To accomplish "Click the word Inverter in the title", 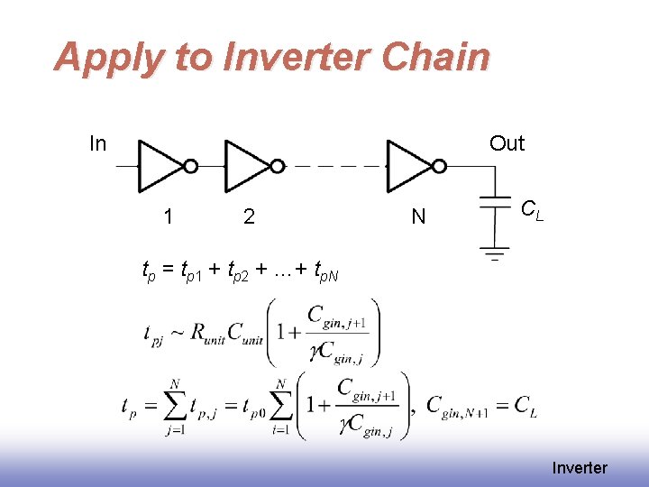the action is click(x=286, y=57).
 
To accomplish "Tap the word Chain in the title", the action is click(x=435, y=57).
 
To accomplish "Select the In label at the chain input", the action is click(x=97, y=143).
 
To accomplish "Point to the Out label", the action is click(x=507, y=143).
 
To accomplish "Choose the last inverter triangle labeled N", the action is click(x=408, y=166).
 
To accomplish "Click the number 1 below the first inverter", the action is click(x=169, y=216).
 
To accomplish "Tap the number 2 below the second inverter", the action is click(x=249, y=216).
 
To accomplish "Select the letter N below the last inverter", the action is click(x=418, y=216).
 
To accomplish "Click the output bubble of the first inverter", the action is click(x=191, y=166).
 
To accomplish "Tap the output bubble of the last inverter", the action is click(x=439, y=166).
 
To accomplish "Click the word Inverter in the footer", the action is click(x=580, y=467).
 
